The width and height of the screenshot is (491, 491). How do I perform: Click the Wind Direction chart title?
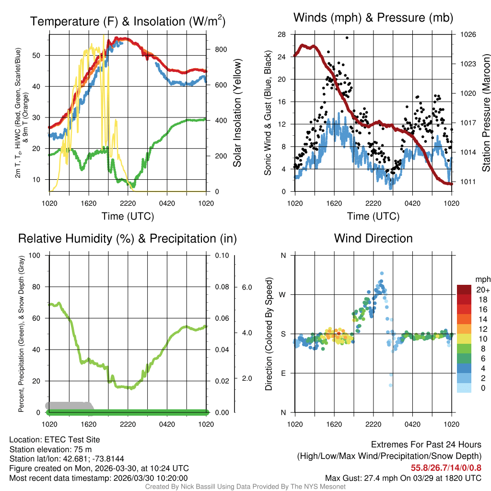(x=373, y=238)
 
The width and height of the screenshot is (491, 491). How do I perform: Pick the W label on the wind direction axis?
(x=283, y=294)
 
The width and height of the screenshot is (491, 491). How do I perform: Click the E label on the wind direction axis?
(x=283, y=373)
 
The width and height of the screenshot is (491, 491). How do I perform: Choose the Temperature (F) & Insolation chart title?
(x=128, y=22)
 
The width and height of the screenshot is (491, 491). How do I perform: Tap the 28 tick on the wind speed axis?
(x=282, y=35)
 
